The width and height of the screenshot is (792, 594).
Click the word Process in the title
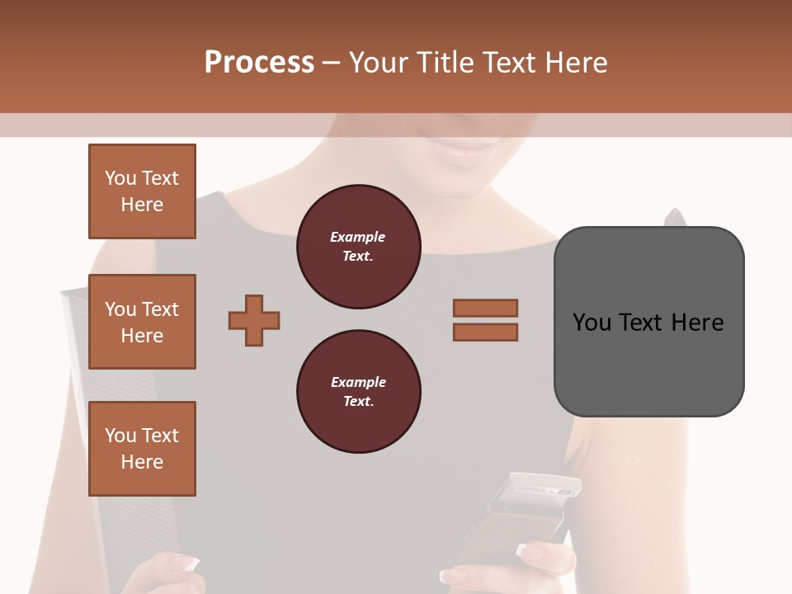coord(259,62)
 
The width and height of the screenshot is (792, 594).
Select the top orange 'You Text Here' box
coord(142,191)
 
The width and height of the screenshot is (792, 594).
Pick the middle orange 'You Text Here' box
coord(142,322)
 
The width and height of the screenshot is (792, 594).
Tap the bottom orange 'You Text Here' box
coord(142,449)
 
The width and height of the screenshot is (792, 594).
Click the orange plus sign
coord(254,320)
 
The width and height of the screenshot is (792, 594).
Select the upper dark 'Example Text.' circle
coord(358,247)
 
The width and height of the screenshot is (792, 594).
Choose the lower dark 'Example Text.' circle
coord(358,392)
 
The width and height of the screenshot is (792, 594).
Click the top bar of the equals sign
coord(485,308)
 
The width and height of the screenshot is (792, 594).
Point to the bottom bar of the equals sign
coord(485,332)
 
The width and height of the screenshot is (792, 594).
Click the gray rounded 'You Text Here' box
coord(648,322)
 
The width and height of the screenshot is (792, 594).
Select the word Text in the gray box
coord(643,322)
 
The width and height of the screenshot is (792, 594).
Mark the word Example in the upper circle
coord(358,237)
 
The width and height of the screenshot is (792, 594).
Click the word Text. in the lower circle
coord(358,402)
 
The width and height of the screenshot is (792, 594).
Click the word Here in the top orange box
coord(142,205)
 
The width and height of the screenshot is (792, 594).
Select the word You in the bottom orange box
coord(120,436)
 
